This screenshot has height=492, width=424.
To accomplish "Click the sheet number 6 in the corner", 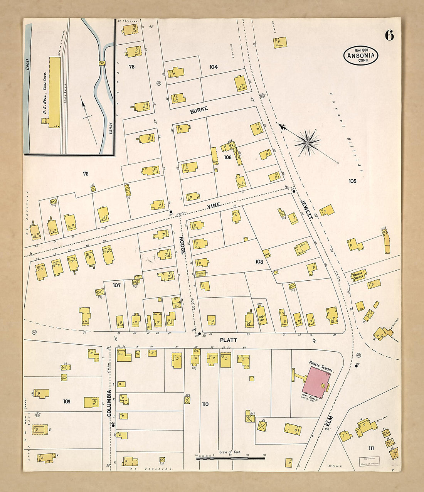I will (x=389, y=35).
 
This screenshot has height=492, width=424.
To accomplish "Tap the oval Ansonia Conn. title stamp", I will (x=361, y=56).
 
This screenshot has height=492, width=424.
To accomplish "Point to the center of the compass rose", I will (x=307, y=143).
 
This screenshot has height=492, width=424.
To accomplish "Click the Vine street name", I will (x=214, y=206).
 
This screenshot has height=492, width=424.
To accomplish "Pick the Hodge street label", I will (x=182, y=244).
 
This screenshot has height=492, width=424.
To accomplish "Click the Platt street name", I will (x=228, y=340).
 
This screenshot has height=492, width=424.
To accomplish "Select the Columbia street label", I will (x=109, y=403).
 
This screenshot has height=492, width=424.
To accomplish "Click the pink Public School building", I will (x=316, y=382).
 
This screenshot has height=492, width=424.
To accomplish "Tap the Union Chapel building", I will (x=358, y=275).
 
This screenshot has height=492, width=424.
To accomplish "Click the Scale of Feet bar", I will (x=231, y=458).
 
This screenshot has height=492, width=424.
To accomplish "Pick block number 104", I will (x=214, y=67).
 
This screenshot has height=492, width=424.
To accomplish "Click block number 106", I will (x=228, y=157).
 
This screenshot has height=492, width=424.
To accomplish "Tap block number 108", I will (x=259, y=262).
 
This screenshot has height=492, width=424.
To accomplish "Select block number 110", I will (x=205, y=404).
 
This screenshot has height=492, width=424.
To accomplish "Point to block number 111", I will (x=371, y=448).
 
